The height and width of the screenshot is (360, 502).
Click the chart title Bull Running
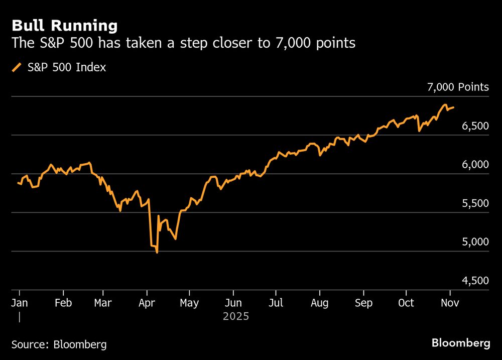coord(65,26)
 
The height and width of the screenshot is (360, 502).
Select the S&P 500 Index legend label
coord(66,67)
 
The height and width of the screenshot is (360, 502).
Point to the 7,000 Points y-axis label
coord(457,87)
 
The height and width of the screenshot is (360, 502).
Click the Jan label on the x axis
coord(20,303)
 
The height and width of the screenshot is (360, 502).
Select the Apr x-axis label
coord(146,303)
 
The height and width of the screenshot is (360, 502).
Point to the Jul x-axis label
coord(276,303)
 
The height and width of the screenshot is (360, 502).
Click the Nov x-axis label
coord(450,303)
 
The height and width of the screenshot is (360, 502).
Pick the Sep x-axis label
coord(363,303)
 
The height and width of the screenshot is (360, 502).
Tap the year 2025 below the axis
coord(236,317)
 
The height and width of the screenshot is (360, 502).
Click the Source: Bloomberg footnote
coord(59,345)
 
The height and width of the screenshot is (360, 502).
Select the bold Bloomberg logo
coord(461,343)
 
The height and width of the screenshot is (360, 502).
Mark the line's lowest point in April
coord(157,252)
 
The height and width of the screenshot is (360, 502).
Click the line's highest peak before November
coord(444,104)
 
